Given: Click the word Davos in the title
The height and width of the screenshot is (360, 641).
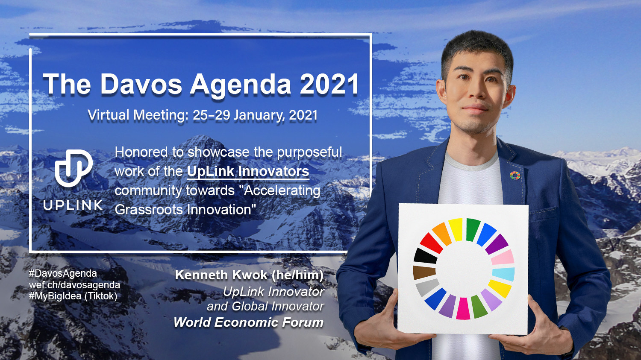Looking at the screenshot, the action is [x=141, y=84].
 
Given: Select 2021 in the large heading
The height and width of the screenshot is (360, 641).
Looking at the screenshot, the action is [x=329, y=84].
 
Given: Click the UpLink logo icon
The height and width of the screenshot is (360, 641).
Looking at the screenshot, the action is [x=74, y=168].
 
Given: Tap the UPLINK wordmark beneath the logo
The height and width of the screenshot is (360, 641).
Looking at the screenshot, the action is [x=73, y=205].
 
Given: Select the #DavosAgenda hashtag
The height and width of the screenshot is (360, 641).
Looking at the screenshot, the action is [x=63, y=274].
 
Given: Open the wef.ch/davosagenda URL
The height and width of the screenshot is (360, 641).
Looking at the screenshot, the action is [x=74, y=285].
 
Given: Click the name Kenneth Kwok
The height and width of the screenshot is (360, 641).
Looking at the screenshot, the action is [x=221, y=275].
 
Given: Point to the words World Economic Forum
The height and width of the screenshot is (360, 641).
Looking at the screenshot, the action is [x=248, y=322].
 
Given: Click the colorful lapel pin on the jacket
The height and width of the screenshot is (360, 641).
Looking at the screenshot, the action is [x=515, y=175].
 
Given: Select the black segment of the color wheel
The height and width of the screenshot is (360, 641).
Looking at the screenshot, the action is [x=425, y=256].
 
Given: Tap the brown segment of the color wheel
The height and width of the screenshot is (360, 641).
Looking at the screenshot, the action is [x=424, y=272].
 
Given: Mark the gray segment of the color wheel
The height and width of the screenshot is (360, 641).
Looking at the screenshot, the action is [x=427, y=288].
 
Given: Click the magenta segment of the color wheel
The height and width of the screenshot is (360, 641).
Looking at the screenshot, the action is [x=463, y=308].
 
